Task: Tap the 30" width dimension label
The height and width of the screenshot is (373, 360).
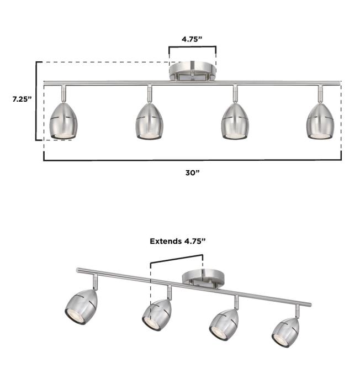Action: (192, 172)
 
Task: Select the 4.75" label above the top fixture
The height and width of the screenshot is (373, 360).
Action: (193, 39)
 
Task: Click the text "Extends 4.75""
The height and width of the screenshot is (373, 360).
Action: (177, 241)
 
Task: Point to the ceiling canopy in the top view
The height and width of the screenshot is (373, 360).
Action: (192, 71)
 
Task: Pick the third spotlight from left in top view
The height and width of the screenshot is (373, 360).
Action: (234, 120)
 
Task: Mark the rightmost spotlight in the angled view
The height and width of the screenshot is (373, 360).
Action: (285, 332)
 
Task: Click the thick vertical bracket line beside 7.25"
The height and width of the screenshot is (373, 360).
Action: (37, 101)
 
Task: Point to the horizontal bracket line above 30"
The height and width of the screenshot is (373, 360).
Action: (192, 160)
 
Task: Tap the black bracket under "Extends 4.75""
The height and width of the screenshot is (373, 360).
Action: (177, 256)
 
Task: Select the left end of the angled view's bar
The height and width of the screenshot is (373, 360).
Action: (79, 270)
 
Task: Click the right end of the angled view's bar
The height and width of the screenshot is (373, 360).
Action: (309, 305)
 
